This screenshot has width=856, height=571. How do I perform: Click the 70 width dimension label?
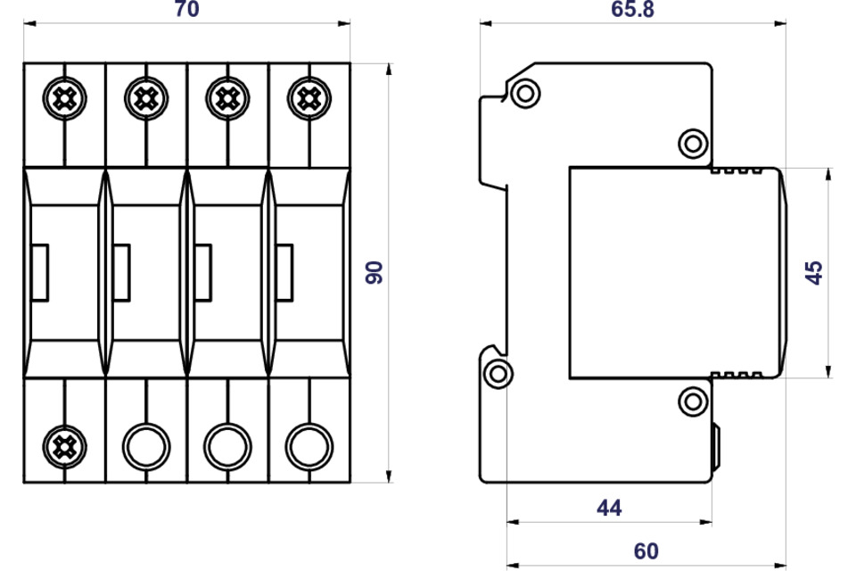186,9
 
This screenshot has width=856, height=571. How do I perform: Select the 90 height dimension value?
374,273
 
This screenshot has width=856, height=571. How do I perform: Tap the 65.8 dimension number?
632,9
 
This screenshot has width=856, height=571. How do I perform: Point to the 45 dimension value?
814,273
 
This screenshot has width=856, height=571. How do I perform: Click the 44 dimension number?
609,509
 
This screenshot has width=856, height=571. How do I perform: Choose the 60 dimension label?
646,551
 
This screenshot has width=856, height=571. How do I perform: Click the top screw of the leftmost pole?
64,98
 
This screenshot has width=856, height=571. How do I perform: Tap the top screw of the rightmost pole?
309,98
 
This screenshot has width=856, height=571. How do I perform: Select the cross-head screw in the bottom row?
64,447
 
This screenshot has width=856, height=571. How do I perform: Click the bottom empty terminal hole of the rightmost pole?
309,447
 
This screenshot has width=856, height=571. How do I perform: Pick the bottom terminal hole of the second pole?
145,447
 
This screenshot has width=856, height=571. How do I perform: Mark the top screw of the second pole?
145,98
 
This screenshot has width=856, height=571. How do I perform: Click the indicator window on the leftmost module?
40,273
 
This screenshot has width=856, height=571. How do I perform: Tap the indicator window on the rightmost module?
284,273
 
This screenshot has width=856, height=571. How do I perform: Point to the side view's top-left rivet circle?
526,94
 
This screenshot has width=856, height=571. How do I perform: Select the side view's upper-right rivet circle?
694,144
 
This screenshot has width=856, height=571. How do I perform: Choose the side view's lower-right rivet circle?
694,401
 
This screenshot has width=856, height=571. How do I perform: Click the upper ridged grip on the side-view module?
737,170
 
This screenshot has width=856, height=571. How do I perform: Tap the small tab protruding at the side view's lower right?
716,447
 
